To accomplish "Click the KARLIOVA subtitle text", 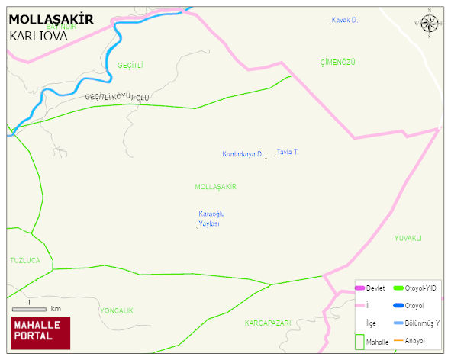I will tap(40, 35).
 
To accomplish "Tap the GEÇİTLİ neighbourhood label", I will tap(130, 66).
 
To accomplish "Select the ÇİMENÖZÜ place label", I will tap(338, 62).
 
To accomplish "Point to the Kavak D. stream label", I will tap(345, 20).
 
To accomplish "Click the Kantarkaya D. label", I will tap(243, 154).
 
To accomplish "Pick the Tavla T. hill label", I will tap(288, 152).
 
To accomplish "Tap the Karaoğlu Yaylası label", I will tap(211, 218).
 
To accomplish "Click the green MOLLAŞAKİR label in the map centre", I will tap(216, 187).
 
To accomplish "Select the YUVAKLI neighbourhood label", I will tap(408, 238).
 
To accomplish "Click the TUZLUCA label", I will tap(25, 260).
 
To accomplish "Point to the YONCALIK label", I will tap(117, 310).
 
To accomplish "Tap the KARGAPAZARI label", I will tap(268, 323).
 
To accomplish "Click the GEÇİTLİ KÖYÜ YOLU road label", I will tap(117, 97).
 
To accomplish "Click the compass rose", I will tap(430, 24).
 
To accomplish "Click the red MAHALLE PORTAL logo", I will tap(40, 333).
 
